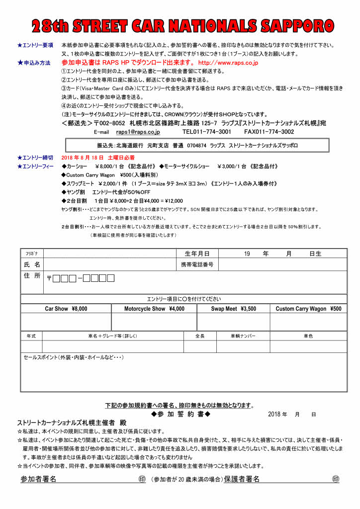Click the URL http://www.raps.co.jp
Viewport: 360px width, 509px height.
228,63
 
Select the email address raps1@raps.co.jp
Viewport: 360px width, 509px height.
138,132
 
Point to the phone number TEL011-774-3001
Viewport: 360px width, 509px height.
206,132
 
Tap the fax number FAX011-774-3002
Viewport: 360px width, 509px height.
269,132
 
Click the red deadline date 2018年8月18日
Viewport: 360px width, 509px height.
83,158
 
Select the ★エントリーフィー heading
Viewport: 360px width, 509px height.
35,167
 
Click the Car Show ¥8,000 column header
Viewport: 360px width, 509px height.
66,309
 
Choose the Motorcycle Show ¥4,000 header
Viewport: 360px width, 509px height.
154,309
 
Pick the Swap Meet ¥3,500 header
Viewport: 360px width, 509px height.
233,309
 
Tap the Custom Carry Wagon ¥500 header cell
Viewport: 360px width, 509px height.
308,309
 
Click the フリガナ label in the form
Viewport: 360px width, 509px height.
32,254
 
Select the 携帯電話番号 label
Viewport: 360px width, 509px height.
197,264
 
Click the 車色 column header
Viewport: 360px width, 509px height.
308,336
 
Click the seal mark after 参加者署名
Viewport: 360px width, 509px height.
142,479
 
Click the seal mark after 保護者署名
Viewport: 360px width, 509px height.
336,479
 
